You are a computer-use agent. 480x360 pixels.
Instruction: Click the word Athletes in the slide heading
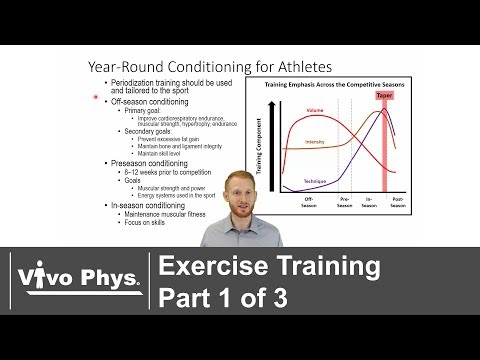250,63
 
